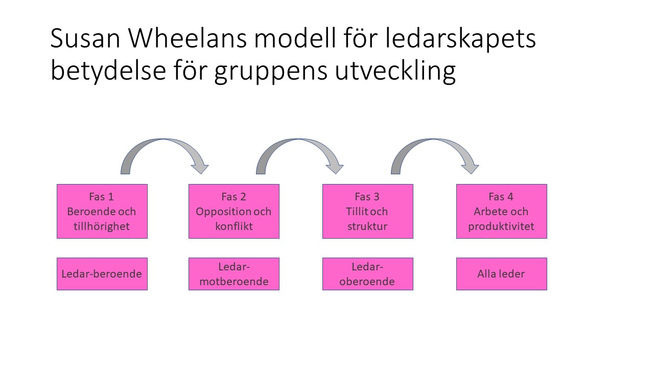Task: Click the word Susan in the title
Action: click(x=85, y=38)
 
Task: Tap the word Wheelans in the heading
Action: click(x=188, y=38)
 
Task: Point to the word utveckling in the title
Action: click(x=395, y=71)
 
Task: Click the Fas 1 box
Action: click(x=102, y=211)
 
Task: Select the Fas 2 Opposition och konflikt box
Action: click(x=234, y=211)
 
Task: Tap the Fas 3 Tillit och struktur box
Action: click(x=368, y=211)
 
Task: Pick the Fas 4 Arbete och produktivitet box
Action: click(x=502, y=211)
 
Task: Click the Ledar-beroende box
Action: click(x=102, y=274)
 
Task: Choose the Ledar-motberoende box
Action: click(x=234, y=274)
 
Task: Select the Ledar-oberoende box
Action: click(x=368, y=274)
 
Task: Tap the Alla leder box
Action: click(x=502, y=274)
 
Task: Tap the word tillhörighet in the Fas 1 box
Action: click(x=102, y=226)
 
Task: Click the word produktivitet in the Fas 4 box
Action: click(x=501, y=226)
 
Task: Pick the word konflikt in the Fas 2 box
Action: click(x=234, y=226)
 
